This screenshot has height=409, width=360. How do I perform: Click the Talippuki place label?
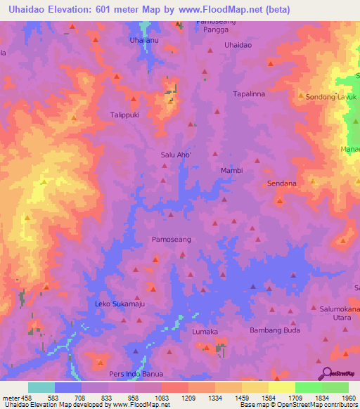point(127,114)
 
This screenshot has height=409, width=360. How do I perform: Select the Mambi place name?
point(231,171)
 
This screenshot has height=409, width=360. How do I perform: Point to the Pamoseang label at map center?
point(172,240)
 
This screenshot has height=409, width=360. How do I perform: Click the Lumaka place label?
point(206,331)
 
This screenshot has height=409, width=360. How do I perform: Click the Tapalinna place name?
point(248,93)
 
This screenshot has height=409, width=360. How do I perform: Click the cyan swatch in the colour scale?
point(41,387)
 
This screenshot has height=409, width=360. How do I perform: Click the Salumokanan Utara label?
point(340,314)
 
